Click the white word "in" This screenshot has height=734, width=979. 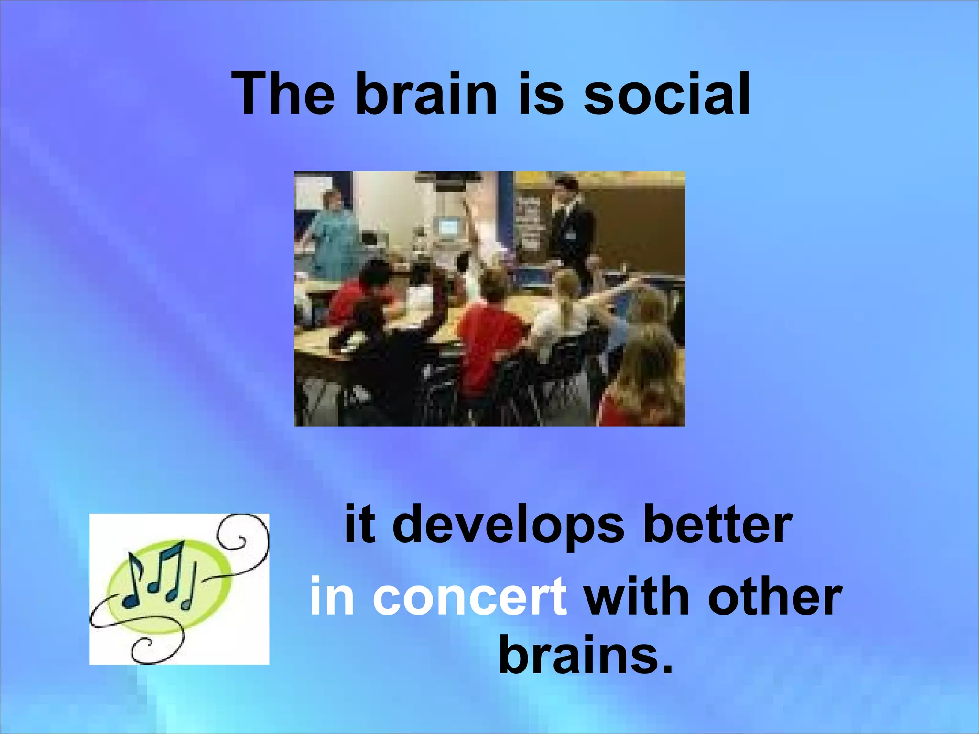(332, 596)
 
